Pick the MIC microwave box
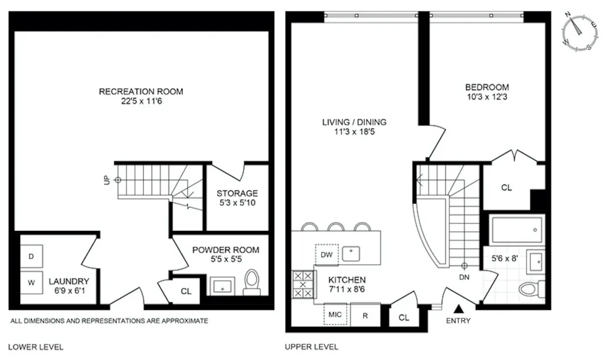click(336, 315)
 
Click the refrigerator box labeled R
click(365, 315)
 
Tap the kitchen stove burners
click(302, 286)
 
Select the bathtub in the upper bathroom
click(517, 229)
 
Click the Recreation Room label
click(141, 91)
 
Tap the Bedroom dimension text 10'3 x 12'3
click(486, 98)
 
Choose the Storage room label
click(237, 193)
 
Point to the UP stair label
click(107, 180)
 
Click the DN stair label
click(464, 276)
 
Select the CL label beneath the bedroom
click(506, 188)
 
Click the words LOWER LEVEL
click(35, 347)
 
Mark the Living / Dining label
click(354, 122)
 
